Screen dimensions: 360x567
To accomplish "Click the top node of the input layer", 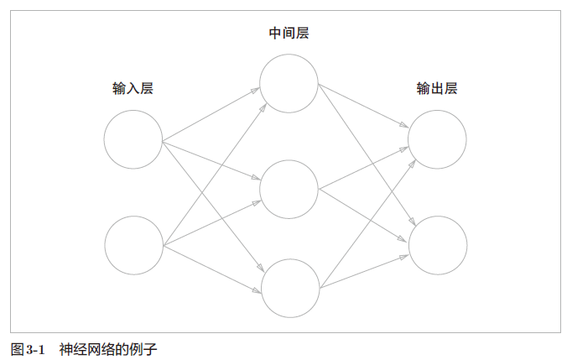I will click(133, 138).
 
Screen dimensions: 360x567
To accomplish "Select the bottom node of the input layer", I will click(133, 245).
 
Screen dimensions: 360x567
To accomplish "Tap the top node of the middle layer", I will click(289, 82).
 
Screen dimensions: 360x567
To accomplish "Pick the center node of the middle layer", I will click(289, 188).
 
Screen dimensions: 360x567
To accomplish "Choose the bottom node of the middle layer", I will click(291, 289).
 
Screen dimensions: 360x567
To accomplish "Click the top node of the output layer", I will click(437, 138).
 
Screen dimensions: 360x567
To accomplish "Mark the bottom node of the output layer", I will click(437, 245).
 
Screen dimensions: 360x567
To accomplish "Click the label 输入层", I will click(133, 88).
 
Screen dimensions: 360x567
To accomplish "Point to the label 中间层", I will click(288, 34).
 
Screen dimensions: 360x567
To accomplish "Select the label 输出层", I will click(437, 88).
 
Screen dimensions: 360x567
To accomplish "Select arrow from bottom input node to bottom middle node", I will click(212, 269).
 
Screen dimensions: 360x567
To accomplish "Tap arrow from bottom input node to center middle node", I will click(211, 222).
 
